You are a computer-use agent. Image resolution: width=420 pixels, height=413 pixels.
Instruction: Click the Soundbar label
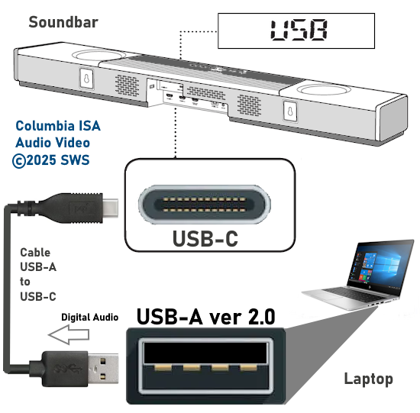63,22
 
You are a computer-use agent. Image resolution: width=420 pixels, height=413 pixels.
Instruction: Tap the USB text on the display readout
299,30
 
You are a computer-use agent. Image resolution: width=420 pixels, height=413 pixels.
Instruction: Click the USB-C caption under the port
205,239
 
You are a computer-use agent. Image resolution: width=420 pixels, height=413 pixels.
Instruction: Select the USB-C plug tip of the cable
111,208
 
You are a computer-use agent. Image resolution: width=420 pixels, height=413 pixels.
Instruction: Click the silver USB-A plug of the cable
103,368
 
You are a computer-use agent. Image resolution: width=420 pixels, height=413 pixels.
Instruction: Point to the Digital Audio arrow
69,334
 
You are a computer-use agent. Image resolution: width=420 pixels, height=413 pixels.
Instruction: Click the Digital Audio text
90,317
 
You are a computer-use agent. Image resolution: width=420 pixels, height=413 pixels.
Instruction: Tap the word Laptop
369,379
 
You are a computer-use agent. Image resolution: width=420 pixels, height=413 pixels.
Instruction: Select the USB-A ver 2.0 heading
205,317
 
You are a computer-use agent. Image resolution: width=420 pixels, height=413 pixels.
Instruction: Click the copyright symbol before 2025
19,161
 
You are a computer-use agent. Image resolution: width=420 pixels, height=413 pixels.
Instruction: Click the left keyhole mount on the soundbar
86,78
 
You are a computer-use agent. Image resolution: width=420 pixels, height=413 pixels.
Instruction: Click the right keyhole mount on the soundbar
290,111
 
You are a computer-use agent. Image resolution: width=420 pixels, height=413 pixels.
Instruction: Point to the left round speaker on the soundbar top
99,56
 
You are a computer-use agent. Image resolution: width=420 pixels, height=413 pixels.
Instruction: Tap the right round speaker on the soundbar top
324,89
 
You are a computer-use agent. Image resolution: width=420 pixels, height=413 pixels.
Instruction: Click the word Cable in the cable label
35,252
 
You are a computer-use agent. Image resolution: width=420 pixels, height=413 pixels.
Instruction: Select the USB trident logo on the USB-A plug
67,369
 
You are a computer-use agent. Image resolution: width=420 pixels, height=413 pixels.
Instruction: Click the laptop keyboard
356,294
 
